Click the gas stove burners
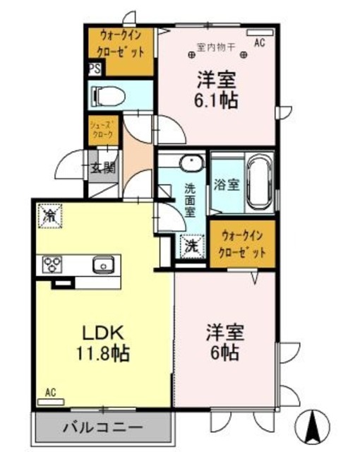point(52,265)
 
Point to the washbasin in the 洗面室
point(189,163)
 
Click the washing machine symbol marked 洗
point(191,246)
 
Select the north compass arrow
point(316,425)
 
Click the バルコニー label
point(102,427)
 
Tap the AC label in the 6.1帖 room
point(259,43)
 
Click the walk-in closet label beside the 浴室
point(244,242)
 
